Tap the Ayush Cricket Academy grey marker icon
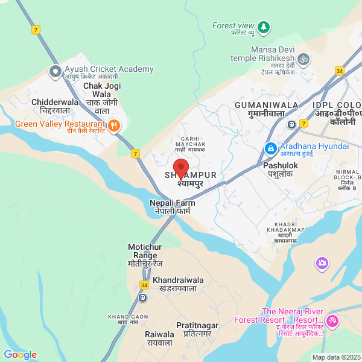(x=56, y=72)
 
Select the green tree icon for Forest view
(x=263, y=27)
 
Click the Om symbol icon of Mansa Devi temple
(x=304, y=59)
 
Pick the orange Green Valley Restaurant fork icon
(x=115, y=127)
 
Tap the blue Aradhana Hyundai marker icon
(x=271, y=148)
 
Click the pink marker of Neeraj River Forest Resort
(x=332, y=320)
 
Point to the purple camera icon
(x=322, y=263)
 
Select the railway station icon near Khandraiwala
(x=144, y=297)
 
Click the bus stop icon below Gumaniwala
(x=292, y=124)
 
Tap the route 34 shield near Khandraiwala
(x=144, y=285)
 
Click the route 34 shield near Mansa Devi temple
(x=340, y=71)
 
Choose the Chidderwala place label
(x=55, y=106)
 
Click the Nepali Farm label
(x=172, y=208)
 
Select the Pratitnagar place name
(x=197, y=329)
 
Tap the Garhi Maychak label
(x=191, y=143)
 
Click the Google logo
(x=20, y=355)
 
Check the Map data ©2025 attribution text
(x=335, y=357)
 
